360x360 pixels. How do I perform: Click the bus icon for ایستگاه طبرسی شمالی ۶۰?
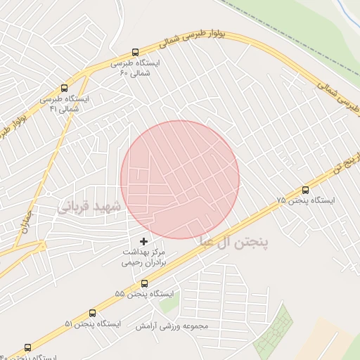[x=136, y=52]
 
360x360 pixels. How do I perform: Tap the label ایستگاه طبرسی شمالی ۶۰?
[x=136, y=67]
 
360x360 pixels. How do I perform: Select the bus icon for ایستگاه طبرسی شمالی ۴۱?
[x=64, y=89]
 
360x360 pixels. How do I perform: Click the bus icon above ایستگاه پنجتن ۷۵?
[x=305, y=190]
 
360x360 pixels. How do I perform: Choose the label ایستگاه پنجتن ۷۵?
[x=306, y=200]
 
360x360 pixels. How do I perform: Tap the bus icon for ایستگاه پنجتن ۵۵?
[x=144, y=283]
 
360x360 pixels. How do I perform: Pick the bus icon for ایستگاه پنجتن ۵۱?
[x=92, y=313]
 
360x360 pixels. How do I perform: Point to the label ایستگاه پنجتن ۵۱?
[x=93, y=323]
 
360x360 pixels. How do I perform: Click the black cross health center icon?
[x=144, y=241]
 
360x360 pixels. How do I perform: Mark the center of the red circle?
[x=180, y=179]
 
